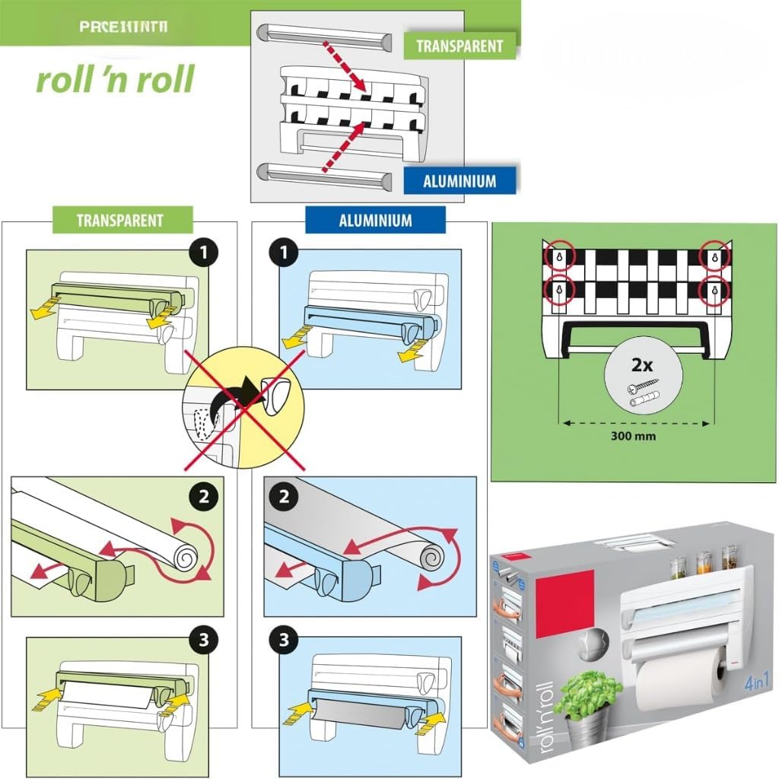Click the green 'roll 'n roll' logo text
(115, 79)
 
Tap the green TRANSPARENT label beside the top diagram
(459, 46)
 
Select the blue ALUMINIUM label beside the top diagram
(459, 181)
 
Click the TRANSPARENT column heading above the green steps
(119, 221)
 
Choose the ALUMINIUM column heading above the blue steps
(374, 221)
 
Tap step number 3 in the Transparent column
(203, 640)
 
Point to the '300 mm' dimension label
(634, 436)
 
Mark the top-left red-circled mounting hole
(560, 257)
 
